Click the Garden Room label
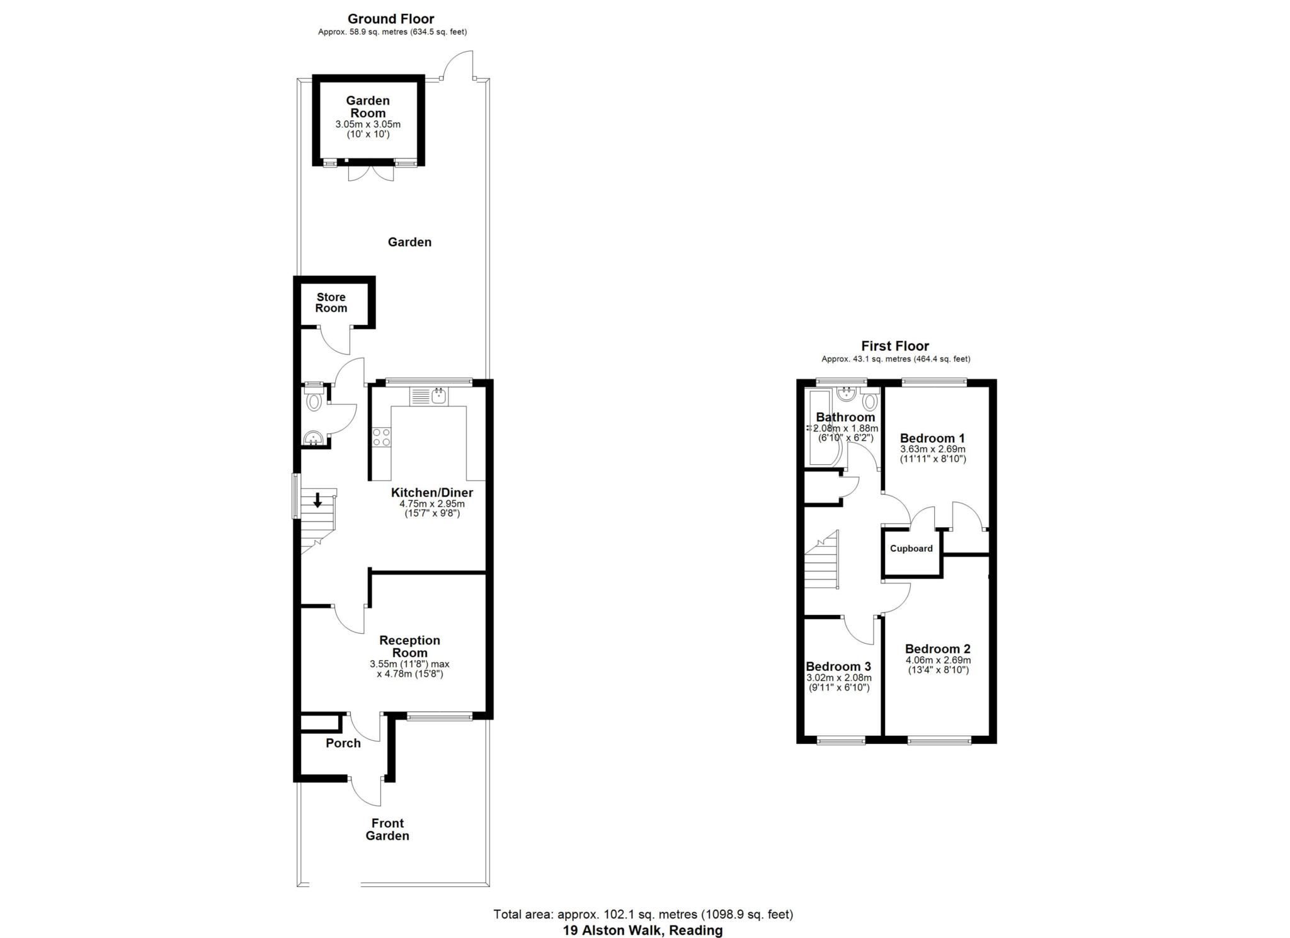click(x=368, y=106)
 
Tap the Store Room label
click(x=331, y=302)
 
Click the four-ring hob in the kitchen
click(x=380, y=437)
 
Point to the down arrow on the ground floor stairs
click(x=317, y=500)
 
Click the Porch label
click(x=343, y=743)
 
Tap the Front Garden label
click(x=387, y=829)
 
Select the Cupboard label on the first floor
click(x=911, y=549)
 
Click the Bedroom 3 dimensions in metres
click(x=839, y=678)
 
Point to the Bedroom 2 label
click(x=937, y=649)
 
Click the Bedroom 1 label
click(x=932, y=438)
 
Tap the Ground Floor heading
click(x=391, y=19)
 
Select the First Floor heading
click(x=895, y=346)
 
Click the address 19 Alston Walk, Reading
click(x=642, y=930)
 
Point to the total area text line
click(x=642, y=914)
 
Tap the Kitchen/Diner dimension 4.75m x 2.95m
click(x=431, y=504)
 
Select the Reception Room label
click(x=409, y=646)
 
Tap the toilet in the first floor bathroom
click(x=870, y=401)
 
